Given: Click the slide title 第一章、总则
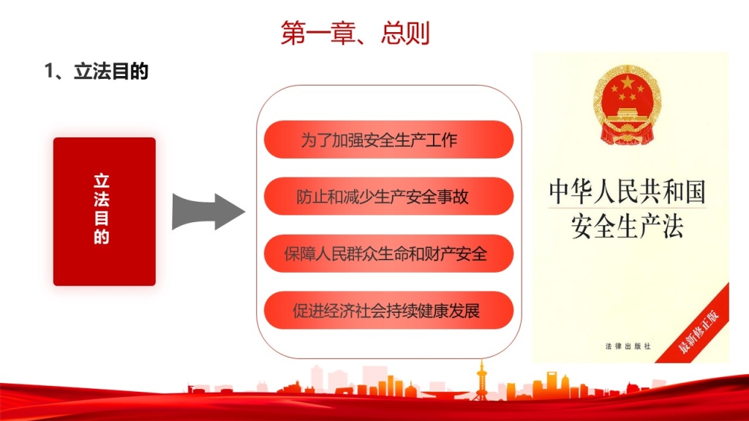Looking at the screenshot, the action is pos(355,33).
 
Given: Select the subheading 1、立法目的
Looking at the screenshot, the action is pos(97,71).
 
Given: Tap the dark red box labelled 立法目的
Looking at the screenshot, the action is pos(105,211).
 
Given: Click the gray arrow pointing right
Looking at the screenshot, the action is pos(208,211).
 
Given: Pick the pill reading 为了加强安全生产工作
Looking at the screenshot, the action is pos(389,140).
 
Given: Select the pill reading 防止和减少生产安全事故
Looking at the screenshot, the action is pos(389,196).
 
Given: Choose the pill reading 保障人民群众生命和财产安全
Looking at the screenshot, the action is pos(389,254).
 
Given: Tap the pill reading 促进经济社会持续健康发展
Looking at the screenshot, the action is pos(389,310).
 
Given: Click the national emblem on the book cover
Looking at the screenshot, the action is pos(628,105).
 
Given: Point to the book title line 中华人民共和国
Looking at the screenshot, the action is pos(627,191).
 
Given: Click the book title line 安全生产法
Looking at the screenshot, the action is pos(627,226).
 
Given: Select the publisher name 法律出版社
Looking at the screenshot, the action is pos(628,346).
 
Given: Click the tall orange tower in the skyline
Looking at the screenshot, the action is pos(481,381).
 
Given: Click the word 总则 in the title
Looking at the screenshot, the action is pos(405,33).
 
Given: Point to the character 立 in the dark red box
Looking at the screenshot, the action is pos(102,181).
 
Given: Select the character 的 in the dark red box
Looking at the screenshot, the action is pos(102,237).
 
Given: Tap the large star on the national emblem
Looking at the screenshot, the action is pos(627,83).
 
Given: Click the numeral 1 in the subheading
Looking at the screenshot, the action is pos(49,71).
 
